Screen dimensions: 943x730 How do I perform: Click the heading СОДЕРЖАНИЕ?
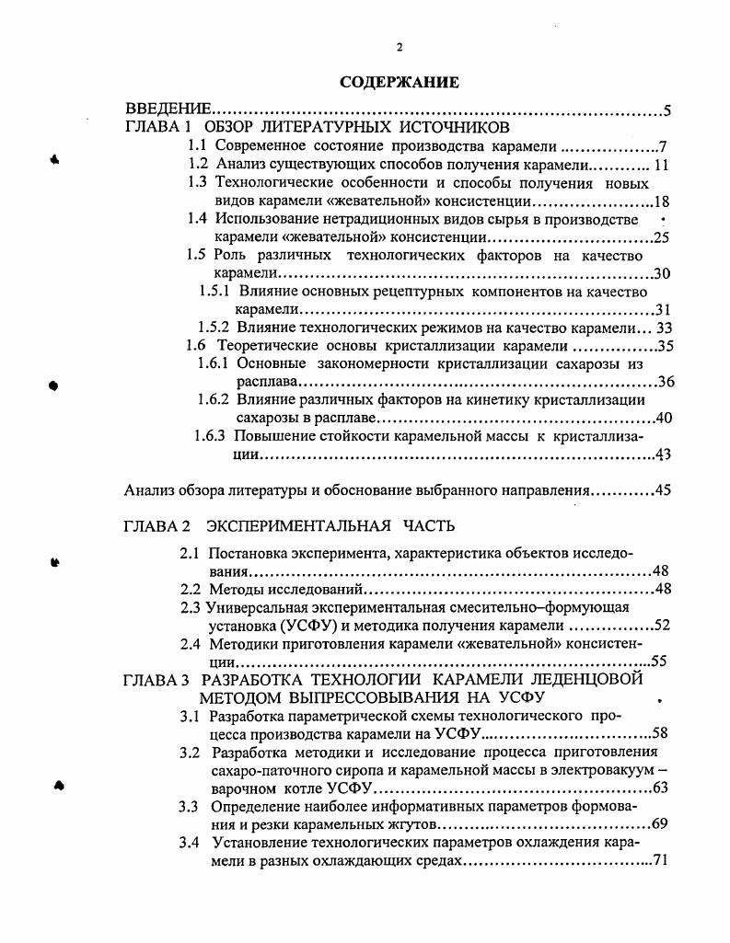[400, 83]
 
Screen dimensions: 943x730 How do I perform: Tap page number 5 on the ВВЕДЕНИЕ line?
[666, 111]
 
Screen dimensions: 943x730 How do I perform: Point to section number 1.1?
[197, 145]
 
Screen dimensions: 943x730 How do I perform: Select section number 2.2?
[191, 589]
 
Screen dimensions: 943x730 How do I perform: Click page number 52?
[661, 626]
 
